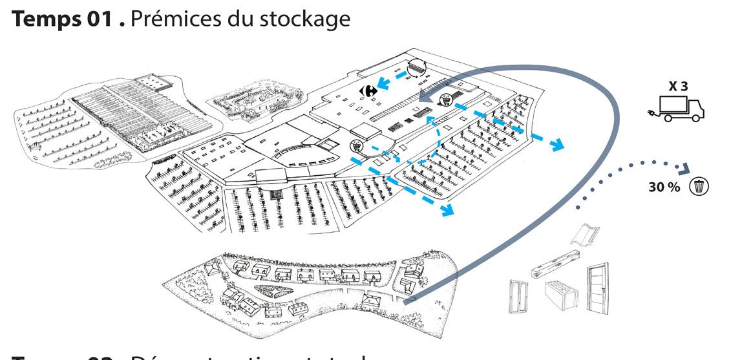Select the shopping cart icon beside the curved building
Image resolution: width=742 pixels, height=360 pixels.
[355, 147]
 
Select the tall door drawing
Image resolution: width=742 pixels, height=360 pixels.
[598, 290]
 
